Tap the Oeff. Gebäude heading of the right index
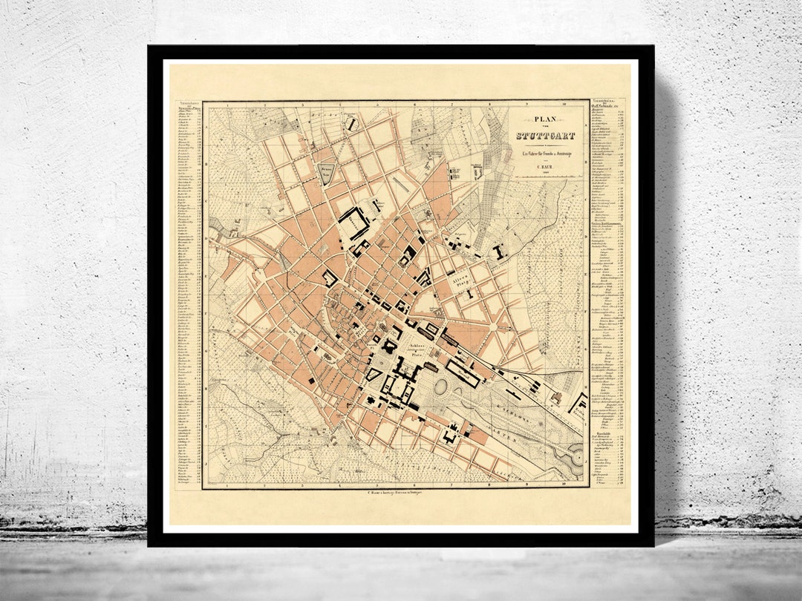pyautogui.click(x=604, y=105)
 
